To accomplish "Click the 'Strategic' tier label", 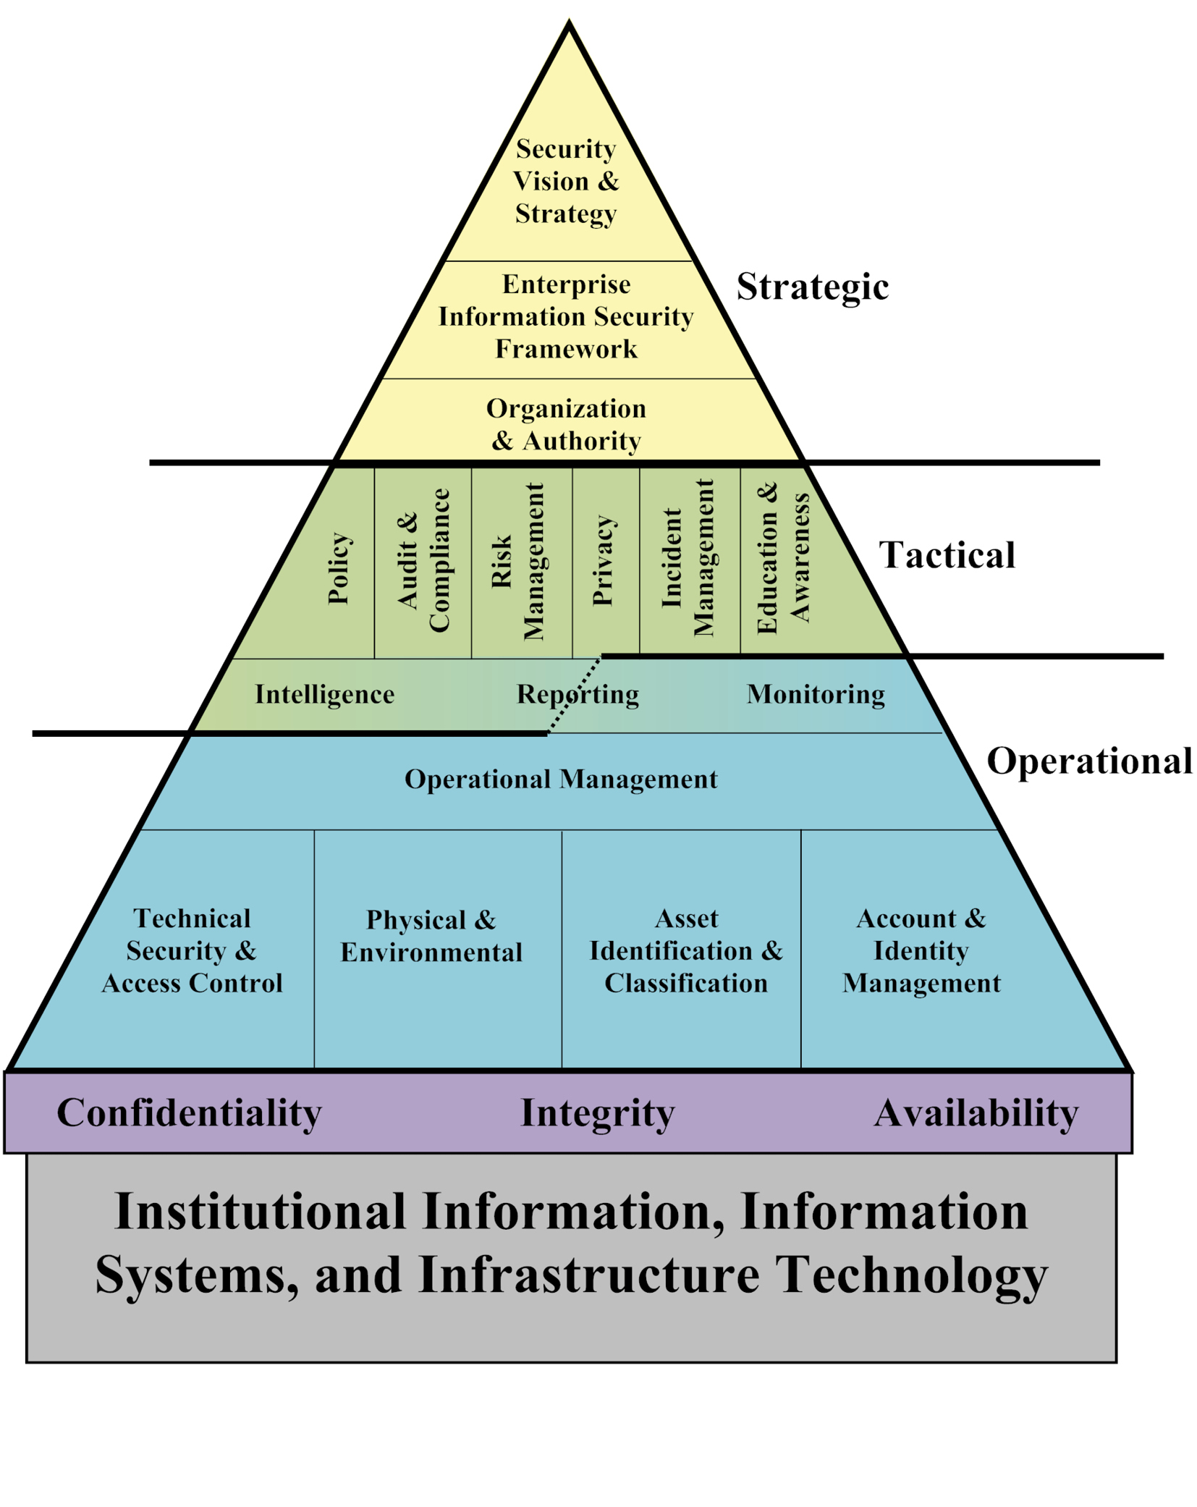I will pos(812,287).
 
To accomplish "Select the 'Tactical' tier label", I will pos(947,555).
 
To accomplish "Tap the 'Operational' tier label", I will pos(1089,761).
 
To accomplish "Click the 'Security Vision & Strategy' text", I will pos(566,181).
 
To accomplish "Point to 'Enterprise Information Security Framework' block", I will pos(566,317).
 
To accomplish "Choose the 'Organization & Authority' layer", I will pos(566,424).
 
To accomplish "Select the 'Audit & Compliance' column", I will pos(423,560).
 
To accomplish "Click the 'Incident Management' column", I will pos(688,557).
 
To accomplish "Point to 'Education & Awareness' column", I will pos(783,557).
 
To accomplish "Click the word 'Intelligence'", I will pos(324,694).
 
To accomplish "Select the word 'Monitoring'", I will pos(816,694).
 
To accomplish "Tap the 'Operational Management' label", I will pos(561,779).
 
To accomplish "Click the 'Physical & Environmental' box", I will pos(431,936).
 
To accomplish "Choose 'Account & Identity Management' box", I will pos(921,950).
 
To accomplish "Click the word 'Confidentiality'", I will pos(189,1113).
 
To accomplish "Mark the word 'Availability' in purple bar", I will pos(976,1113).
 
